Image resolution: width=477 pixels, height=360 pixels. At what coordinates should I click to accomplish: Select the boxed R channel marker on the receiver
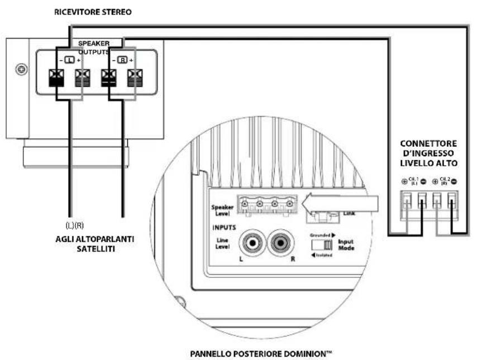coord(122,60)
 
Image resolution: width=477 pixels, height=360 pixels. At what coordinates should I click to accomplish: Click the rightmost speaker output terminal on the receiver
coord(134,76)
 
